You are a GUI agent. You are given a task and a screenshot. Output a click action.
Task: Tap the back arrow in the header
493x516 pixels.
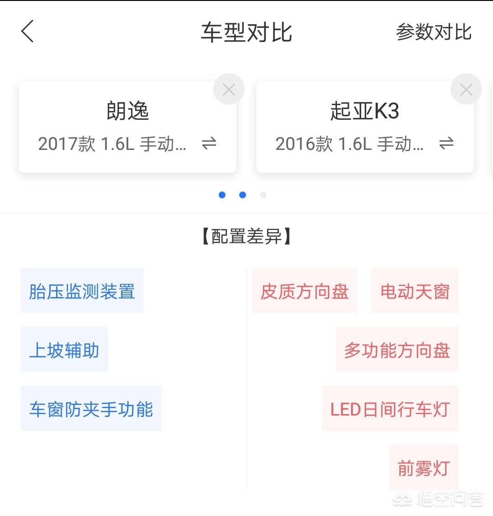tap(27, 32)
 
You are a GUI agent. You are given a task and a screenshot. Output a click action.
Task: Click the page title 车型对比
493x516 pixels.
tap(246, 32)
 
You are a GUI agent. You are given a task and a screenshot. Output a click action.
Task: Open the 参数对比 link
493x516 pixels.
tap(434, 32)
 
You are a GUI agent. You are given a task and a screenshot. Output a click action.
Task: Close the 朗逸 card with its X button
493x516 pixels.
tap(229, 90)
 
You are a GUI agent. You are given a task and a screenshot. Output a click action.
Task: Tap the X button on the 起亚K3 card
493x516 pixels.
tap(466, 90)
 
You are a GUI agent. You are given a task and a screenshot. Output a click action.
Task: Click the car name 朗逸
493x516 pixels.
tap(128, 111)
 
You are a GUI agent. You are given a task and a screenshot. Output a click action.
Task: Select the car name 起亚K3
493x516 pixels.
tap(365, 111)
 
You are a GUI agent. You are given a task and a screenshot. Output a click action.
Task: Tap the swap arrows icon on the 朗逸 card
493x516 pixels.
tap(209, 144)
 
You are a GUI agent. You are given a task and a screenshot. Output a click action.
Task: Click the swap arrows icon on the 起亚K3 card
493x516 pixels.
tap(446, 144)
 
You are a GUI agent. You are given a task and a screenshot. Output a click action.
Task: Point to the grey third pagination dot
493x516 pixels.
tap(263, 195)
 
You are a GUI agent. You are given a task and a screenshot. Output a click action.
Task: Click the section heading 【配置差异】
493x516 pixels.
tap(246, 237)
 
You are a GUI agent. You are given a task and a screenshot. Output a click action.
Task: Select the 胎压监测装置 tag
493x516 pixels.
tap(82, 291)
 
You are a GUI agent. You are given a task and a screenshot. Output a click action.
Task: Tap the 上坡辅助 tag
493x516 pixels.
tap(64, 350)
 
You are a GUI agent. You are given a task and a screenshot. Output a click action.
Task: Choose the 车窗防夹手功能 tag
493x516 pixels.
tap(91, 409)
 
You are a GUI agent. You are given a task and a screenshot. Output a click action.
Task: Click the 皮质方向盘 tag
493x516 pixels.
tap(304, 291)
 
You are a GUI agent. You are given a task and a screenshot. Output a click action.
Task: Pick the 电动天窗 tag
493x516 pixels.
tap(415, 291)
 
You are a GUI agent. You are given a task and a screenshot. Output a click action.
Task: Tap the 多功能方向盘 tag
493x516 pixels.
tap(397, 350)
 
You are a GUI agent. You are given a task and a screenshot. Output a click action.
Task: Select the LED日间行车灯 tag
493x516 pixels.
tap(390, 409)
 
